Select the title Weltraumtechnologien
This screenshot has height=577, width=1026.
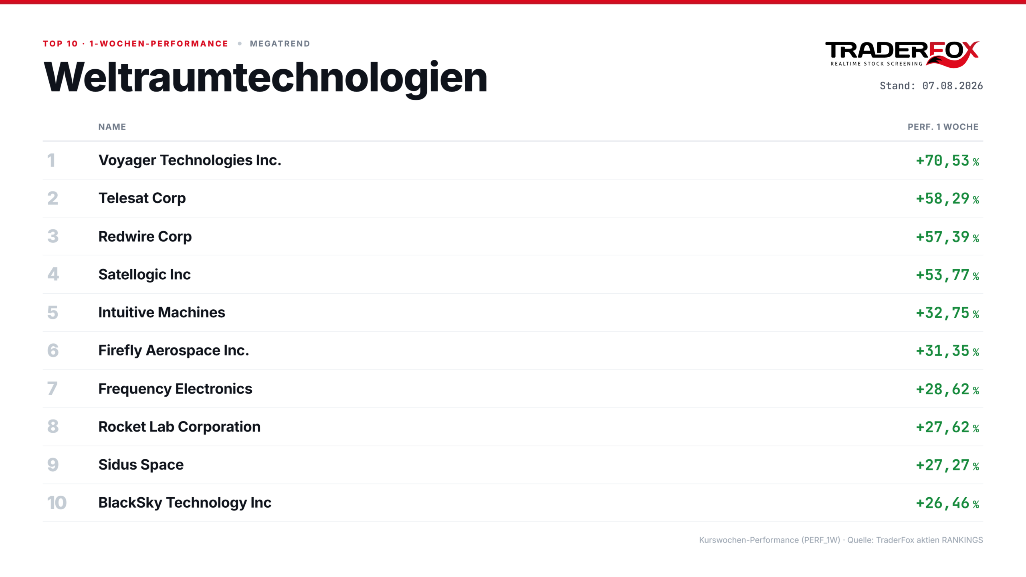[265, 78]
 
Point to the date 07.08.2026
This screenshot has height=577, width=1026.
[952, 86]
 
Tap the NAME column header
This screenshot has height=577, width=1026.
[112, 127]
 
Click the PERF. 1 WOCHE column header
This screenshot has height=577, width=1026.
[943, 127]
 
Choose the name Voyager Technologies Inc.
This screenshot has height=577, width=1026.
[190, 160]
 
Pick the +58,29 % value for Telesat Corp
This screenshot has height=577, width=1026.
[947, 199]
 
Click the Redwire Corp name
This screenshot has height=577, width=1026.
[145, 237]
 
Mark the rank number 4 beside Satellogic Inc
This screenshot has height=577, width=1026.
[53, 274]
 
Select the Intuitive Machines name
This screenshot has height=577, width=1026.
[162, 313]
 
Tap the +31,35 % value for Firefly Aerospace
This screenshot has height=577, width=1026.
[947, 351]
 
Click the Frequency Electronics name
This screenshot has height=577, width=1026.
[176, 389]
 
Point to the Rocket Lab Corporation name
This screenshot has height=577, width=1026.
[180, 427]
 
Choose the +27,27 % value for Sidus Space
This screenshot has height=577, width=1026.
[947, 465]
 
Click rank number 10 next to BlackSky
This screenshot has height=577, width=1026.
[57, 503]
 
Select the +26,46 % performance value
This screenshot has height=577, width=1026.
[947, 503]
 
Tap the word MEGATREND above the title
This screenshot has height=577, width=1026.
[280, 44]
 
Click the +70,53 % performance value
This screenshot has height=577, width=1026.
[947, 161]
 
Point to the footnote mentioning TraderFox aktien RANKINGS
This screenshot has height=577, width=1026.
[841, 540]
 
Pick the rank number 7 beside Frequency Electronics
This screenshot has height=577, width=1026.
[53, 389]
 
